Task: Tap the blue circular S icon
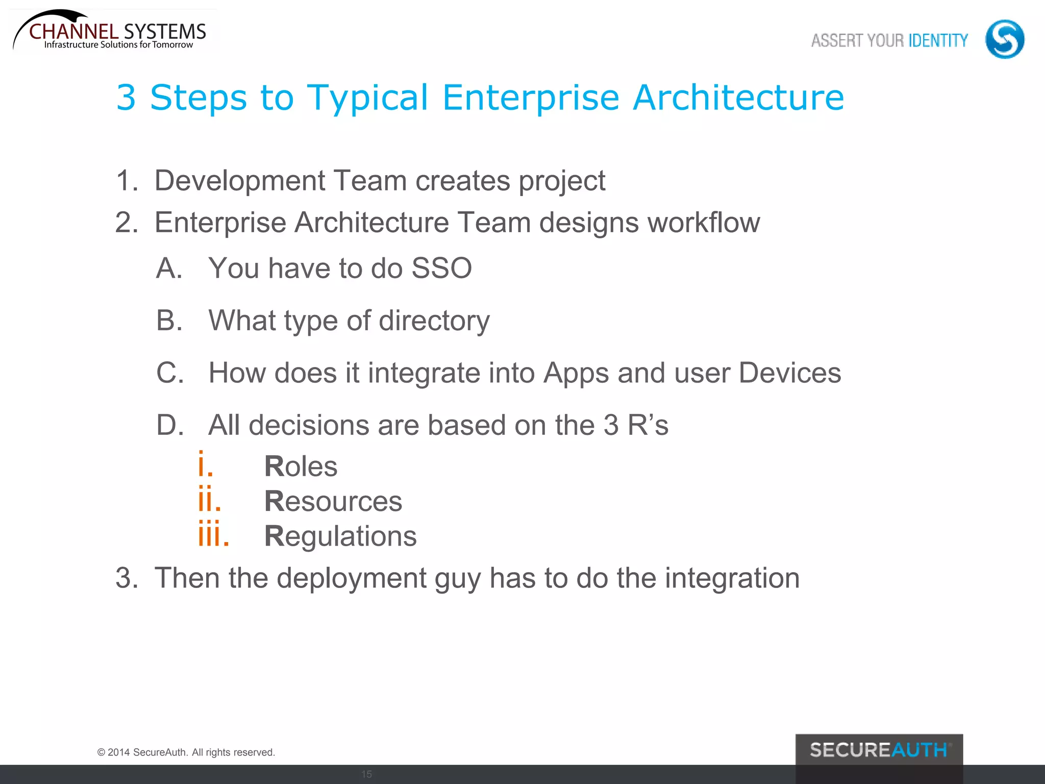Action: (x=1004, y=39)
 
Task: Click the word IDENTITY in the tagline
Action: (x=938, y=40)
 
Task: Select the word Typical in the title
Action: (x=367, y=97)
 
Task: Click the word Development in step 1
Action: (x=239, y=181)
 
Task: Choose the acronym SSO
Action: (x=441, y=268)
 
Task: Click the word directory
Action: (x=434, y=321)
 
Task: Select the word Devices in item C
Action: (x=789, y=373)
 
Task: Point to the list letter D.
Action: (x=170, y=425)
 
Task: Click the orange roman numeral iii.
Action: (x=213, y=535)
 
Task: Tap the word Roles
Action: (x=301, y=467)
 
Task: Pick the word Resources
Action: (x=333, y=501)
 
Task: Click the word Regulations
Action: (x=340, y=536)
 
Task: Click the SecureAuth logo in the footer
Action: (x=879, y=750)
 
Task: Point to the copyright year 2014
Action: (x=118, y=752)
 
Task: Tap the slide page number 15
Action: (x=366, y=774)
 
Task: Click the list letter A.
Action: (x=169, y=268)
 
